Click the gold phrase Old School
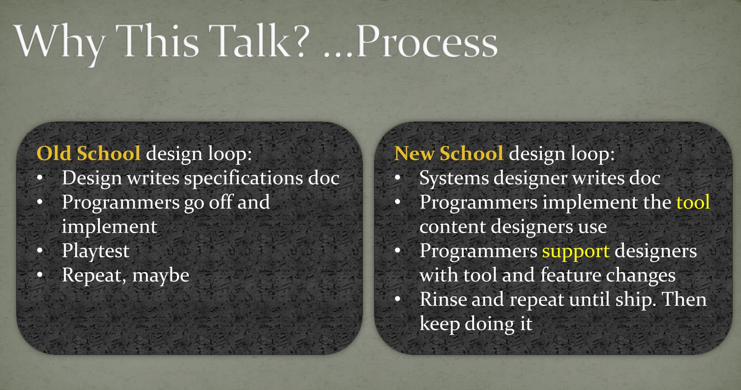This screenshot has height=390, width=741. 89,153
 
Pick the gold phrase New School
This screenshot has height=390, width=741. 449,153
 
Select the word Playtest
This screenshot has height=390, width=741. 96,251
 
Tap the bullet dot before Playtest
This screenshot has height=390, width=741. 40,251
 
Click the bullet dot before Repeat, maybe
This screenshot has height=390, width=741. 40,275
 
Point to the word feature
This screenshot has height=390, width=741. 570,275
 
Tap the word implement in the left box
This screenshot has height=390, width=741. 110,227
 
